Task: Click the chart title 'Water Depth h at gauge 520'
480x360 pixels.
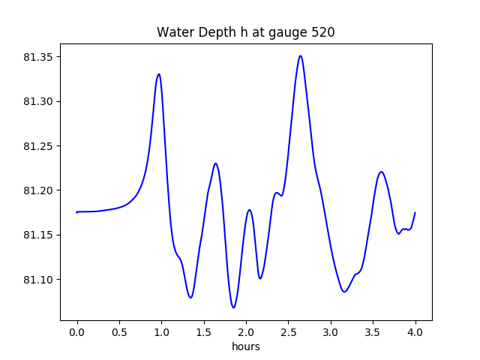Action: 245,32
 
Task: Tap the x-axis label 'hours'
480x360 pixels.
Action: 246,346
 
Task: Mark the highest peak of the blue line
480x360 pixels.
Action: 300,55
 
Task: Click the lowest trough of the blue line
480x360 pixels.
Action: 233,307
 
